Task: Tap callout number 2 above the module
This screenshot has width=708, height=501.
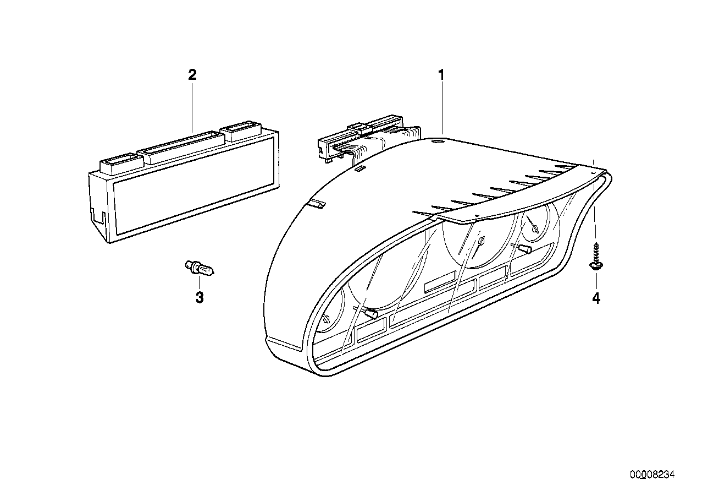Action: point(192,74)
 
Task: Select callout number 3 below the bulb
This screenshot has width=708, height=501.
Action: point(200,298)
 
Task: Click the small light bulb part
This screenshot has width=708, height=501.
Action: point(201,269)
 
